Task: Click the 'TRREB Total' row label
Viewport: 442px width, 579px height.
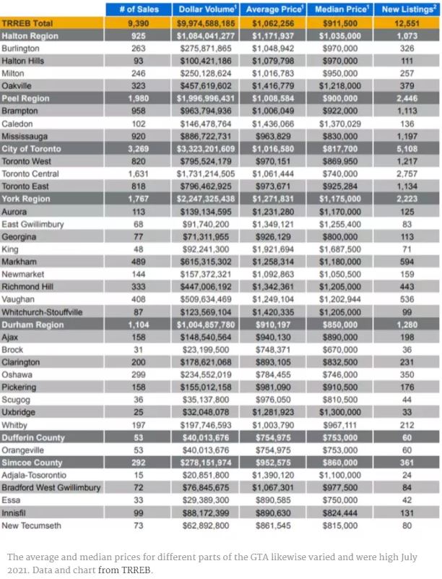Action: pyautogui.click(x=27, y=24)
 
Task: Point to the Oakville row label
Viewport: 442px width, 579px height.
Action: pyautogui.click(x=17, y=86)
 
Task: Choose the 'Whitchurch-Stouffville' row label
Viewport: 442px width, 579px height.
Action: pyautogui.click(x=43, y=312)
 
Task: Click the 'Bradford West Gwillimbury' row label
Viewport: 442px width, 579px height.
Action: pyautogui.click(x=51, y=488)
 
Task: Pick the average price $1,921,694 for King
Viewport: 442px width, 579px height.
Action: pyautogui.click(x=273, y=249)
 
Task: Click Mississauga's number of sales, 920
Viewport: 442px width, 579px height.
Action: pyautogui.click(x=137, y=136)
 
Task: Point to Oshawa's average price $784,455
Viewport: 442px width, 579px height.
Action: pyautogui.click(x=273, y=374)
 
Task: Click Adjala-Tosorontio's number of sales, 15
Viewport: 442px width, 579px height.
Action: pyautogui.click(x=137, y=475)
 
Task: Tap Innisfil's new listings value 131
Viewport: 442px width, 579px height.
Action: pyautogui.click(x=407, y=512)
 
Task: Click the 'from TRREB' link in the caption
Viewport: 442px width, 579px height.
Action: pyautogui.click(x=126, y=570)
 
